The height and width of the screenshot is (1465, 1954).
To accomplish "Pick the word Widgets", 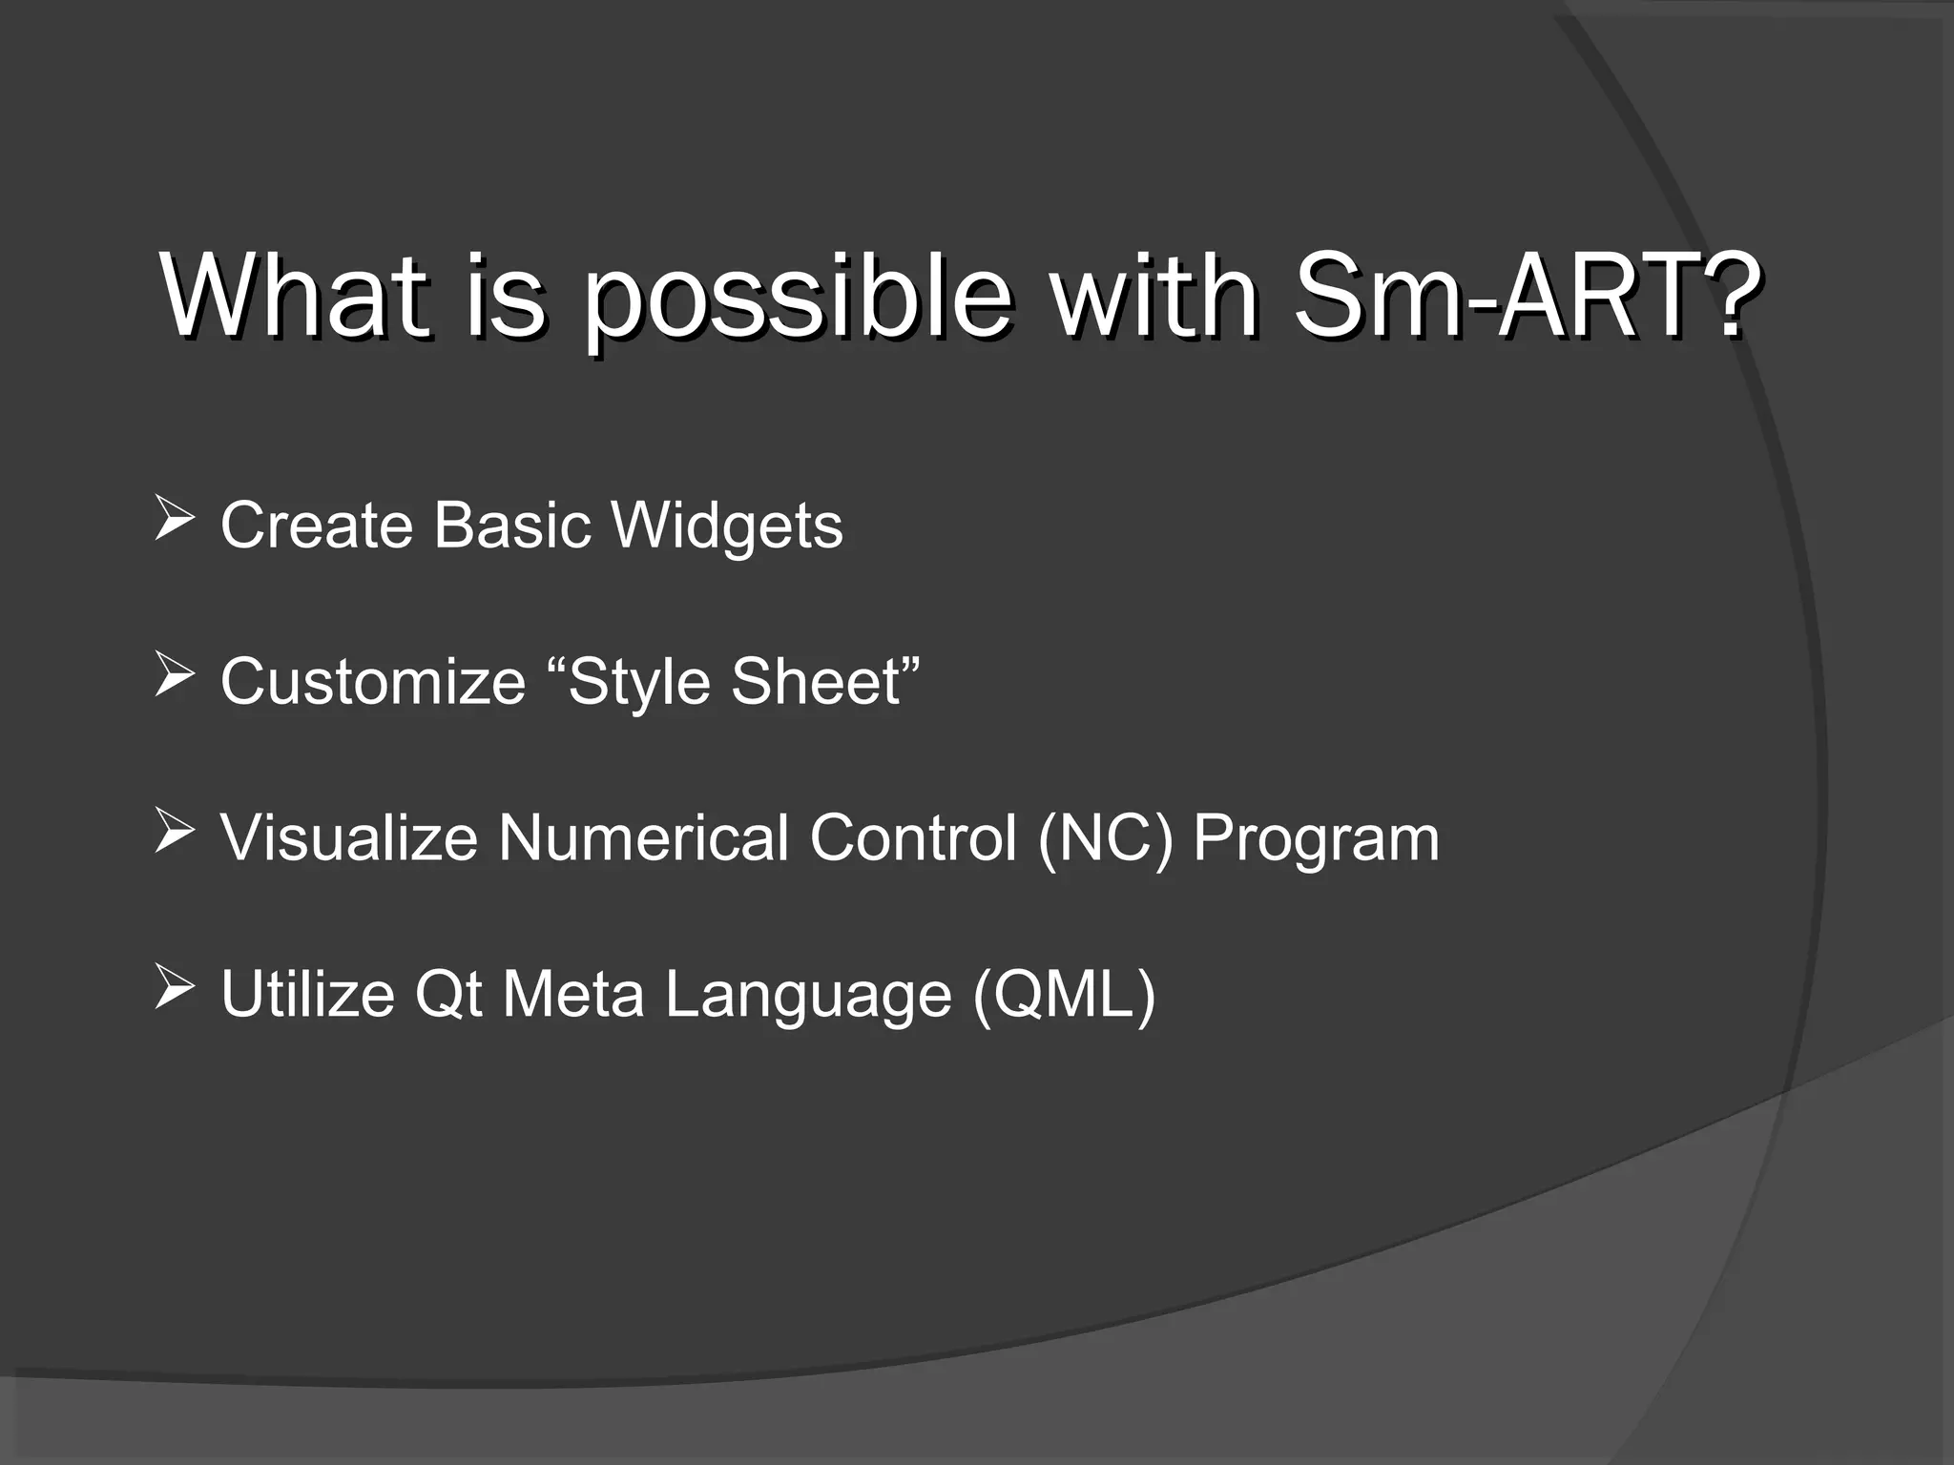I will (x=727, y=526).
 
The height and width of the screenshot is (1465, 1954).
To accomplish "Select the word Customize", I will (x=373, y=681).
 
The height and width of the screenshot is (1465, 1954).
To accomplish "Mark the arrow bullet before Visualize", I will (x=174, y=834).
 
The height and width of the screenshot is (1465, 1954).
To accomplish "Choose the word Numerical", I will (x=643, y=837).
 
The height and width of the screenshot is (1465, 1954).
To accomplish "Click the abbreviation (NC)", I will (x=1105, y=837).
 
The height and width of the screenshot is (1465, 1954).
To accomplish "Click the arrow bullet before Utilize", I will (x=174, y=989).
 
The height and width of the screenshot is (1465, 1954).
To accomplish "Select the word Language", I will (x=808, y=996).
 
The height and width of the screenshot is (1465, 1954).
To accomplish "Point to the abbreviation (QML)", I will (x=1064, y=994).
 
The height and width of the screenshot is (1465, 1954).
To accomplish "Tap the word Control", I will (x=912, y=837).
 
